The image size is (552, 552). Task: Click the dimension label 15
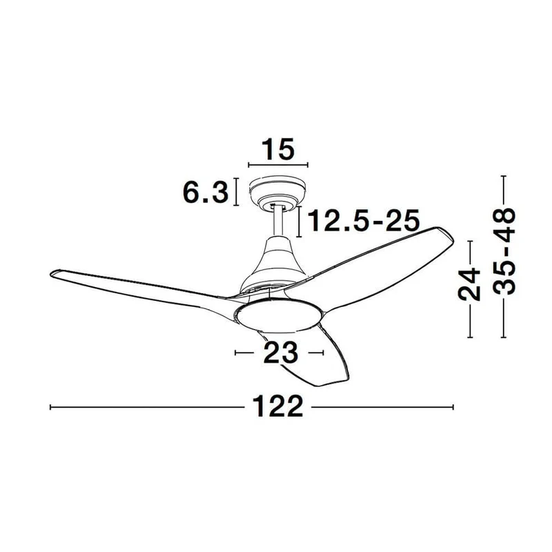pyautogui.click(x=278, y=149)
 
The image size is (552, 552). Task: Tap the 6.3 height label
pyautogui.click(x=206, y=193)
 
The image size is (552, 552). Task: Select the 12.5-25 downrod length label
pyautogui.click(x=364, y=221)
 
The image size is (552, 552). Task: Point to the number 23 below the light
pyautogui.click(x=281, y=353)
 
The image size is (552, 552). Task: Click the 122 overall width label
pyautogui.click(x=278, y=406)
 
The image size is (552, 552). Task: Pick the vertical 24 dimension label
pyautogui.click(x=469, y=284)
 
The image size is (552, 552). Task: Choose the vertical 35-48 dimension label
pyautogui.click(x=504, y=251)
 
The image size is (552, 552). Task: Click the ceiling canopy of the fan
pyautogui.click(x=277, y=193)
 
